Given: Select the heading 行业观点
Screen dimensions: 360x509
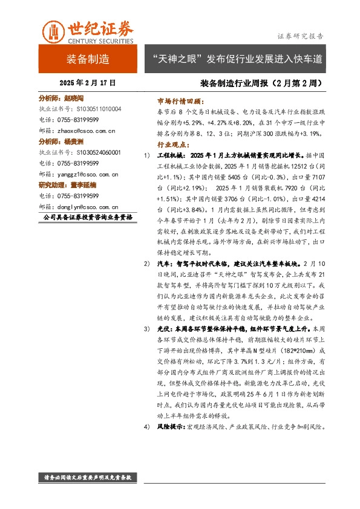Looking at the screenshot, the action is (173, 146).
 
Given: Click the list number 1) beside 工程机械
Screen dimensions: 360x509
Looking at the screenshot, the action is (147, 157).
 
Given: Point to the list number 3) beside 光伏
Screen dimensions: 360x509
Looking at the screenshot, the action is (147, 328).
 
